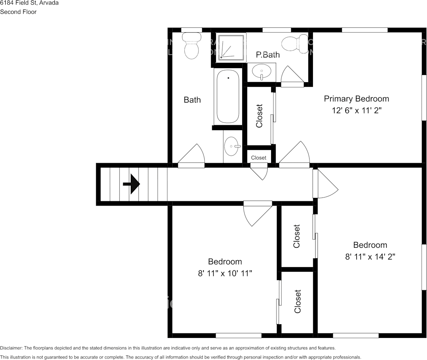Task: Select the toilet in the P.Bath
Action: (x=295, y=43)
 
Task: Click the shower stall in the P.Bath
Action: (x=231, y=48)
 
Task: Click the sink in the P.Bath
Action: (x=262, y=72)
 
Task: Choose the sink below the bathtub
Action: (x=232, y=147)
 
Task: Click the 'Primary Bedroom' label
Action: (x=356, y=99)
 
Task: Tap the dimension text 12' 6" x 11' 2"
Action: (x=356, y=111)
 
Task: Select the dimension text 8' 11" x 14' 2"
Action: (x=370, y=256)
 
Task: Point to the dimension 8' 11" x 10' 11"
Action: (x=225, y=273)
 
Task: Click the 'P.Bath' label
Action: (x=268, y=55)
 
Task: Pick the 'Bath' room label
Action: (x=192, y=100)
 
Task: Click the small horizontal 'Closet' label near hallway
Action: (x=259, y=158)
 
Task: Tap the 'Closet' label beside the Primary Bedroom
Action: (x=259, y=116)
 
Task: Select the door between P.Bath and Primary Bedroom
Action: (x=292, y=76)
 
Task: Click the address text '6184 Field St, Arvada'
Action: (x=29, y=3)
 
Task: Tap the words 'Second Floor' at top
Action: (x=18, y=12)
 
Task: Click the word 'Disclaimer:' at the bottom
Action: (x=11, y=348)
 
